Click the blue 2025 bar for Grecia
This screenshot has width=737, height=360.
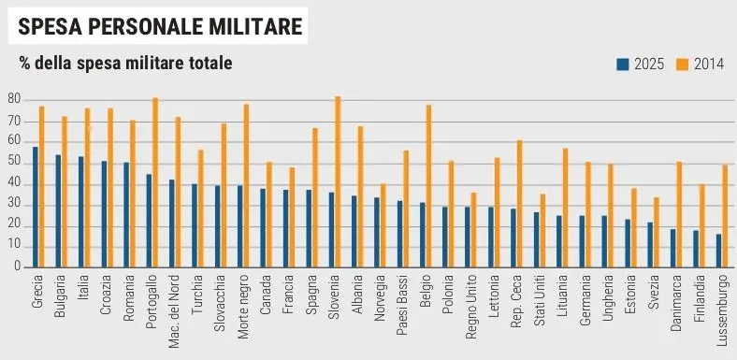pos(36,207)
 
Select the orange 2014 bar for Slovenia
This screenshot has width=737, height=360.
pos(338,182)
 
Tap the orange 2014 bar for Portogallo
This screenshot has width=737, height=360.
pos(155,182)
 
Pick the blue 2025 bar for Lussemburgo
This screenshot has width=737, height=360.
pos(718,251)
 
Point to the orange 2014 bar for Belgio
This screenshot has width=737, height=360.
pos(428,186)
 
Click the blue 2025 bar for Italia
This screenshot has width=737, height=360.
pos(80,212)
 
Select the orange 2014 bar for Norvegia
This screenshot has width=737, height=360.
pos(383,225)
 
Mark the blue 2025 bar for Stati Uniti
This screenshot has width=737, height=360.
pos(536,239)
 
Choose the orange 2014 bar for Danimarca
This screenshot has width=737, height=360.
pos(679,214)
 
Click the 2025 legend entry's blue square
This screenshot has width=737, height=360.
pos(623,65)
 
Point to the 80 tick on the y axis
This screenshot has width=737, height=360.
pos(14,100)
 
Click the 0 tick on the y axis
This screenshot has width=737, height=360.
pos(17,266)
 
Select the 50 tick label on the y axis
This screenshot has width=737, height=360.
pos(14,163)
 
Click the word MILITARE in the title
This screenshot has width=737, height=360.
pos(255,26)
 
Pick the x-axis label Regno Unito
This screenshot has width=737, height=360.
pos(472,307)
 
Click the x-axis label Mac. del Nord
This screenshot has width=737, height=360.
pos(174,311)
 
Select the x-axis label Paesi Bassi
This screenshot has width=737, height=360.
pos(402,305)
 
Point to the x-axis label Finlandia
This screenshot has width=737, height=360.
pos(701,298)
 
